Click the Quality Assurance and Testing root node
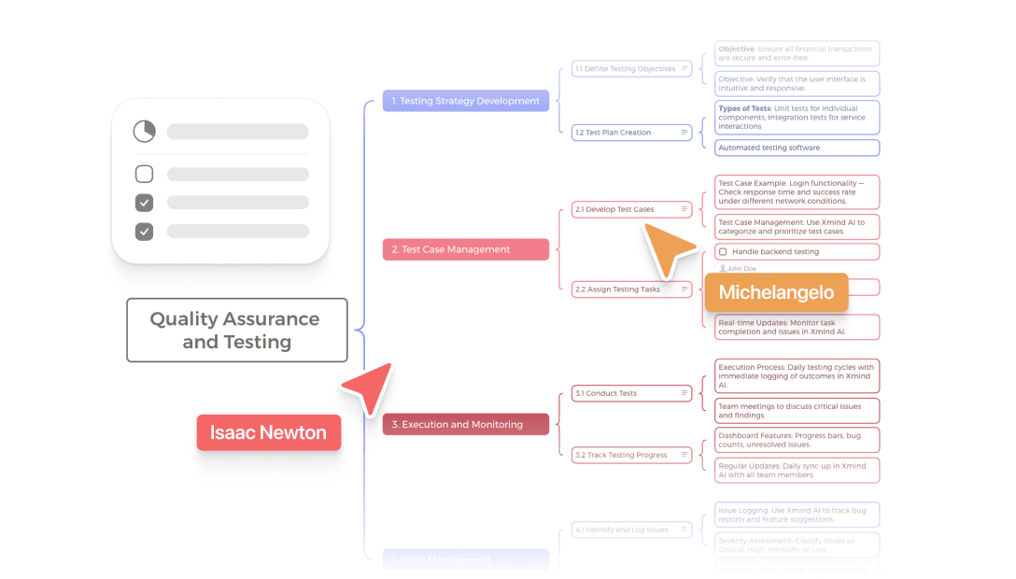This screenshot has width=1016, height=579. point(237,330)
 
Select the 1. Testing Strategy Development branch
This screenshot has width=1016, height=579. point(465,101)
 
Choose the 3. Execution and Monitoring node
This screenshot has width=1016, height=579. point(465,424)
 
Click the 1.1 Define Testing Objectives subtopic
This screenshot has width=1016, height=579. point(631,69)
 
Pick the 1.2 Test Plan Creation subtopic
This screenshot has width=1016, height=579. point(631,133)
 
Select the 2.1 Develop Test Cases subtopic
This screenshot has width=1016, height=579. point(631,209)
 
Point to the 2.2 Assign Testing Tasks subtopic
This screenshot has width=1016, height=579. point(631,289)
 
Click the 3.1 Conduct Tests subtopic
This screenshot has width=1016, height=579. point(631,393)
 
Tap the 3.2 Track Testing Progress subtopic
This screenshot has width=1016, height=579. point(631,455)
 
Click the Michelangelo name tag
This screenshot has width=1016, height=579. point(776,292)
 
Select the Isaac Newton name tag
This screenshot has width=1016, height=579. point(268,433)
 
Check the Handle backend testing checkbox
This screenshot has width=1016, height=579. point(723,252)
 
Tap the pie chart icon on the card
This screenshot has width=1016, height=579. point(144,132)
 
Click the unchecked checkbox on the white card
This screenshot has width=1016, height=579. point(144,174)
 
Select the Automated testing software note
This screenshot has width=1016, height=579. point(797,148)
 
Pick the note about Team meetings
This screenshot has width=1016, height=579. point(797,411)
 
